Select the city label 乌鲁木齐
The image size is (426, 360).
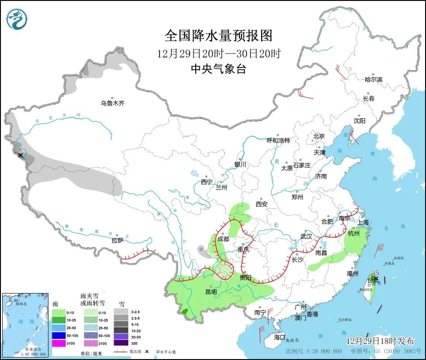[112, 103]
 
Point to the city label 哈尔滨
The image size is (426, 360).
[373, 80]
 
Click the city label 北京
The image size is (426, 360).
[318, 136]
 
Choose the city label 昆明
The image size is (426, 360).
[211, 292]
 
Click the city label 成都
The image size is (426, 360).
[223, 239]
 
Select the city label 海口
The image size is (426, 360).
[279, 337]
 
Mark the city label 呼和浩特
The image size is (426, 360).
[278, 140]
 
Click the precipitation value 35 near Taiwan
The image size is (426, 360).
[375, 273]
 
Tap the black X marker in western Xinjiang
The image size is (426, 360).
[20, 155]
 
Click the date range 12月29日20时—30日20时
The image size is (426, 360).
[218, 54]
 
